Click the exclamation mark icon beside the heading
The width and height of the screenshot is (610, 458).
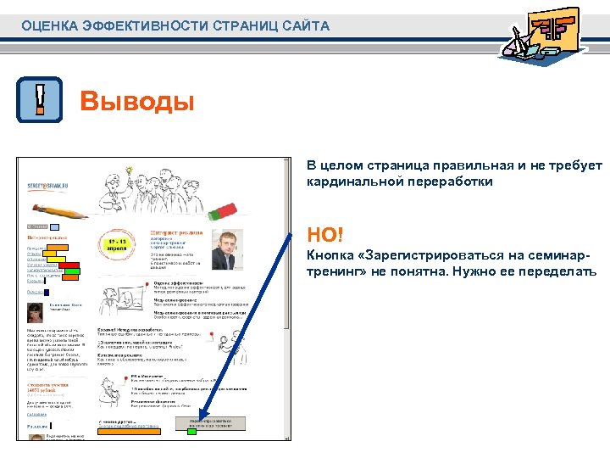point(40,100)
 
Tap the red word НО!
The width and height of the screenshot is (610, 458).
point(326,233)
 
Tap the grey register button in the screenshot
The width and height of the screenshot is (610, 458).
point(211,422)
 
